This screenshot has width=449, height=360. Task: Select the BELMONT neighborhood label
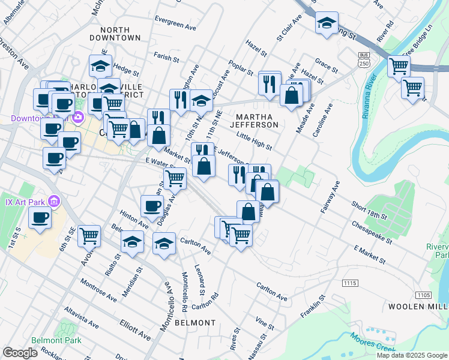195,323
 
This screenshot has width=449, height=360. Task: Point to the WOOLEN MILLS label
423,307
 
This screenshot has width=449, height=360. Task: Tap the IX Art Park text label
24,200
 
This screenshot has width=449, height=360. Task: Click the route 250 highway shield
364,63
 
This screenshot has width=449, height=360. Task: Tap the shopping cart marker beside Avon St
89,236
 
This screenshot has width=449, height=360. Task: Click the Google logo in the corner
20,353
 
